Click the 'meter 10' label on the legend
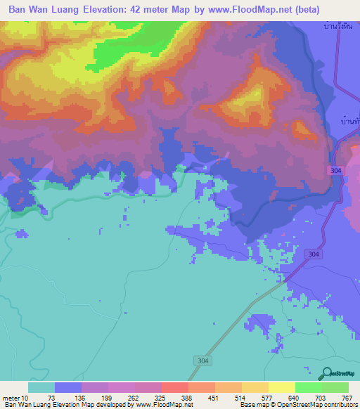pyautogui.click(x=17, y=398)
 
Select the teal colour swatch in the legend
pyautogui.click(x=41, y=387)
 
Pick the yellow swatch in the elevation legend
pyautogui.click(x=281, y=387)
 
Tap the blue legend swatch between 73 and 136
pyautogui.click(x=68, y=387)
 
